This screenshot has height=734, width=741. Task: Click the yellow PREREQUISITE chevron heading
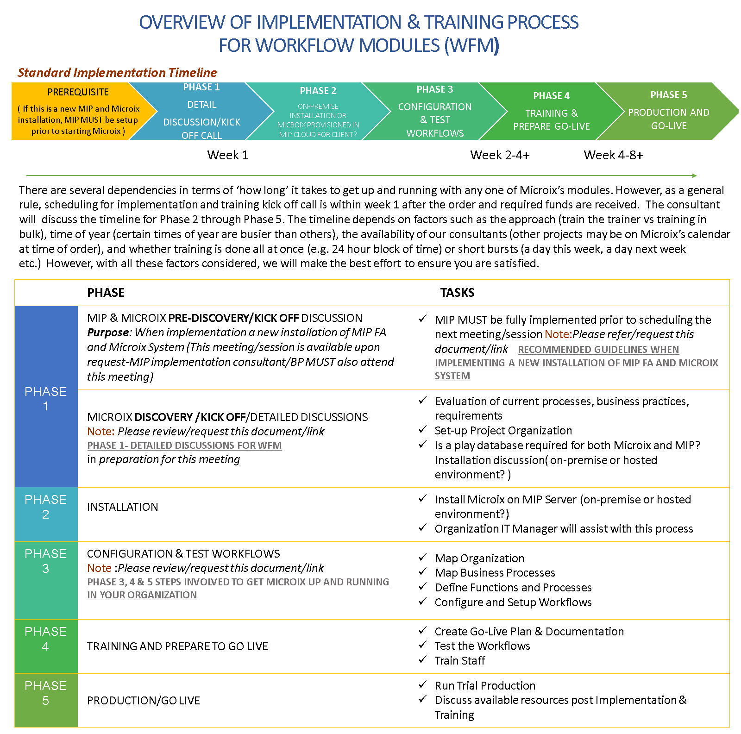tap(78, 92)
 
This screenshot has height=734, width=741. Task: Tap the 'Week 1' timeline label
tap(227, 155)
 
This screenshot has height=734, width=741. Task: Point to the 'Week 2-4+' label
tap(500, 155)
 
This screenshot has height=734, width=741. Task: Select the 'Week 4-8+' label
tap(613, 155)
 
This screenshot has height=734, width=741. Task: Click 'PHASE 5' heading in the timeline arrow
tap(668, 95)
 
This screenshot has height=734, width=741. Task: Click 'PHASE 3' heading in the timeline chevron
tap(434, 89)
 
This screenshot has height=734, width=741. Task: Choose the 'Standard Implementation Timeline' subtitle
tap(117, 73)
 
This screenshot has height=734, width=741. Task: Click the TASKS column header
tap(457, 293)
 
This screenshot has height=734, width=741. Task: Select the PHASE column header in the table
tap(106, 293)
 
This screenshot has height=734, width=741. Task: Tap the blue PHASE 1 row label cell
tap(45, 398)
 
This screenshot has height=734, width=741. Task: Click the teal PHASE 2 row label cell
tap(45, 507)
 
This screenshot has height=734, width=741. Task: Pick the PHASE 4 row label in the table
tap(45, 639)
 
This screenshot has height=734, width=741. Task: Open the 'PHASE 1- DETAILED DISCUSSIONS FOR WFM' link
tap(184, 445)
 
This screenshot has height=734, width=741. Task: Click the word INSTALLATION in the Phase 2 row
tap(122, 507)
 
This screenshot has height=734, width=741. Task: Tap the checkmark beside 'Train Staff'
tap(422, 659)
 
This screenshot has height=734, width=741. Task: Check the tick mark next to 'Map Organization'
tap(422, 557)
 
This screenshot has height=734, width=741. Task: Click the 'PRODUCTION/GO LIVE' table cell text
tap(144, 701)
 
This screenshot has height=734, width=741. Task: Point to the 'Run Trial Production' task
tap(485, 686)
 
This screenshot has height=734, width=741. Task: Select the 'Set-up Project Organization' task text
tap(503, 431)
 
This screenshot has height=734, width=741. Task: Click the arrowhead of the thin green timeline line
tap(694, 176)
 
